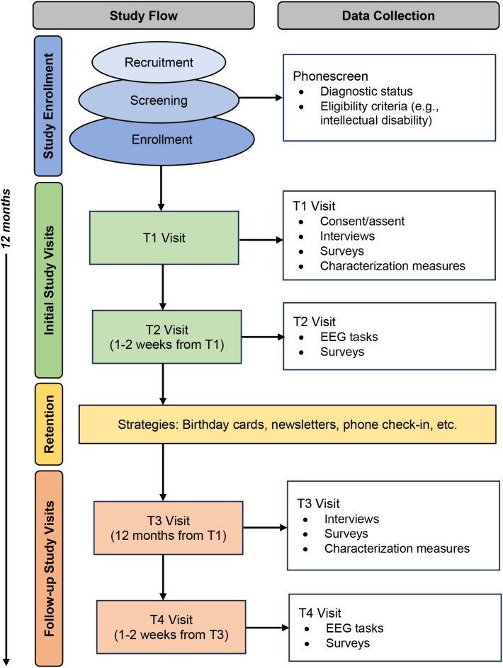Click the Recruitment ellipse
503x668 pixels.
(159, 62)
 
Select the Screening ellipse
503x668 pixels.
(159, 100)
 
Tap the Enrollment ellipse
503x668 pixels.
(162, 139)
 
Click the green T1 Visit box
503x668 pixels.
(164, 238)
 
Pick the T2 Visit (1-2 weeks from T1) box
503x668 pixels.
(166, 337)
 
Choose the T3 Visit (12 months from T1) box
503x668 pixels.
(169, 528)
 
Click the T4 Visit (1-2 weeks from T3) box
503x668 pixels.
(171, 627)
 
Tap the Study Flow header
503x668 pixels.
(144, 16)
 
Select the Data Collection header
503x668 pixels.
(388, 16)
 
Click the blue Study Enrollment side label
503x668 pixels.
(48, 106)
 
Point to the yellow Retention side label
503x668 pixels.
(49, 424)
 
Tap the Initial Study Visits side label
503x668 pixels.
(49, 280)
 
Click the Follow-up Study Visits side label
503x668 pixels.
(49, 568)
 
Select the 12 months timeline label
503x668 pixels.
(6, 219)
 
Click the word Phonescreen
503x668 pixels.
(330, 76)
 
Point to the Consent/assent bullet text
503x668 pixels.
(362, 221)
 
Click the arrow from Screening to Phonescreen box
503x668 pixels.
(261, 98)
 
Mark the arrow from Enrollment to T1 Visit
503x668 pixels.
(161, 188)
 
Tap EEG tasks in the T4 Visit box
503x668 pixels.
(354, 628)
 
